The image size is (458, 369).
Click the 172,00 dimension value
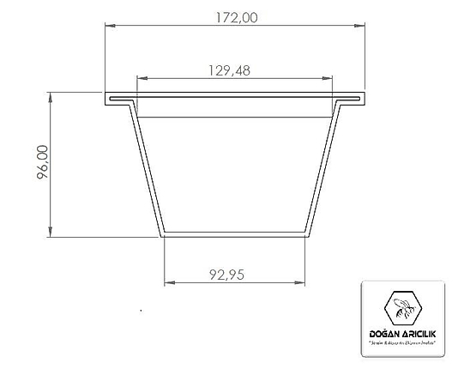click(233, 16)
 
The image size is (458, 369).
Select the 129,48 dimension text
click(229, 71)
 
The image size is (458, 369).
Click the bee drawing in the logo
click(402, 305)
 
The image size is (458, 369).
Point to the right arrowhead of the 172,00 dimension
click(361, 25)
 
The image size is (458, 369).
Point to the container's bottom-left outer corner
click(160, 236)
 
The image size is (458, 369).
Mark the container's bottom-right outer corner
click(310, 236)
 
